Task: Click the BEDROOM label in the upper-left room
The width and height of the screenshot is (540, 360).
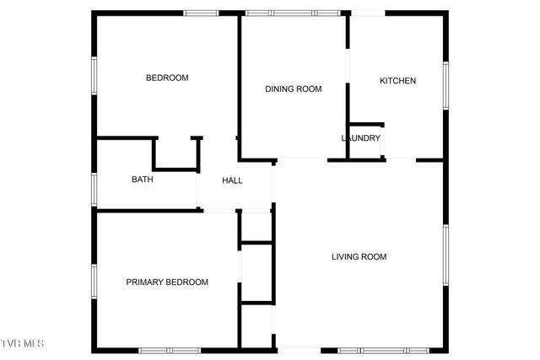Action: (x=167, y=78)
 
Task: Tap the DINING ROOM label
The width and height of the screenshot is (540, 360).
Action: (x=294, y=89)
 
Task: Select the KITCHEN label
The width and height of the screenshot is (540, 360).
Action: (x=397, y=81)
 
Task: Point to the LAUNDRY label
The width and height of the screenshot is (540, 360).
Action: (x=360, y=138)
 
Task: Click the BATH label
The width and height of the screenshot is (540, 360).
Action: (x=142, y=179)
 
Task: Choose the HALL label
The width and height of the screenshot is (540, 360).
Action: (x=232, y=180)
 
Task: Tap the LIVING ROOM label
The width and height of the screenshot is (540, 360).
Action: (x=359, y=256)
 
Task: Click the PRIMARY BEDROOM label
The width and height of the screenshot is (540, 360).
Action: (x=167, y=282)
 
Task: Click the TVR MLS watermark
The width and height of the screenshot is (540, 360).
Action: (x=22, y=343)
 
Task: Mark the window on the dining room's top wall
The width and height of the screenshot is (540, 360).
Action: (x=293, y=13)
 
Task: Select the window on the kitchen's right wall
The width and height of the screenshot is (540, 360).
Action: (x=445, y=84)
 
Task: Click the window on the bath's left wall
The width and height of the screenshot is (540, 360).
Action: (x=94, y=187)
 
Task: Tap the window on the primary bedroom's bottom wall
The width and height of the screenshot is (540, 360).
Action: (x=170, y=349)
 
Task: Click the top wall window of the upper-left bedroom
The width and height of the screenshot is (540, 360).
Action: (x=202, y=13)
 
